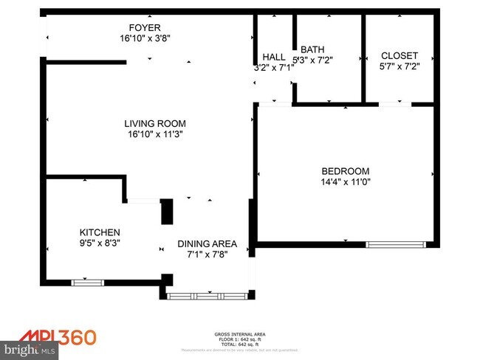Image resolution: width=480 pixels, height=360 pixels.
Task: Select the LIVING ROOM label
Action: coord(154,124)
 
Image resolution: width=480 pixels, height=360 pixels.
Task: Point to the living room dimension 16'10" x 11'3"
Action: coord(154,134)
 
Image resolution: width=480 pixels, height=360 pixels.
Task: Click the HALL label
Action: coord(274,57)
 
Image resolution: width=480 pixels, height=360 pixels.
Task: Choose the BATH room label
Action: coord(312,51)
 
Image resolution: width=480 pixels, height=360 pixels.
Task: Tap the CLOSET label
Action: coord(399,56)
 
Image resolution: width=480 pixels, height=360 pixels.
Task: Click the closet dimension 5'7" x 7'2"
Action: coord(399,67)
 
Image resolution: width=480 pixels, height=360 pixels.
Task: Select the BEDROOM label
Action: coord(344,171)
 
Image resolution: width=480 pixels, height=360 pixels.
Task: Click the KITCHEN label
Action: coord(100,232)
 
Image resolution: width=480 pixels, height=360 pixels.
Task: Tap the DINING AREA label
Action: coord(207,243)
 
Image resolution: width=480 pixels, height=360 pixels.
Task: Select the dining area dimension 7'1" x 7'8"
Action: coord(207,255)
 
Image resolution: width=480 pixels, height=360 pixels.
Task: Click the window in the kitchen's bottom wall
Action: coord(87,281)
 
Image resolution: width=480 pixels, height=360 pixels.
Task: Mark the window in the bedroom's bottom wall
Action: coord(397,244)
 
